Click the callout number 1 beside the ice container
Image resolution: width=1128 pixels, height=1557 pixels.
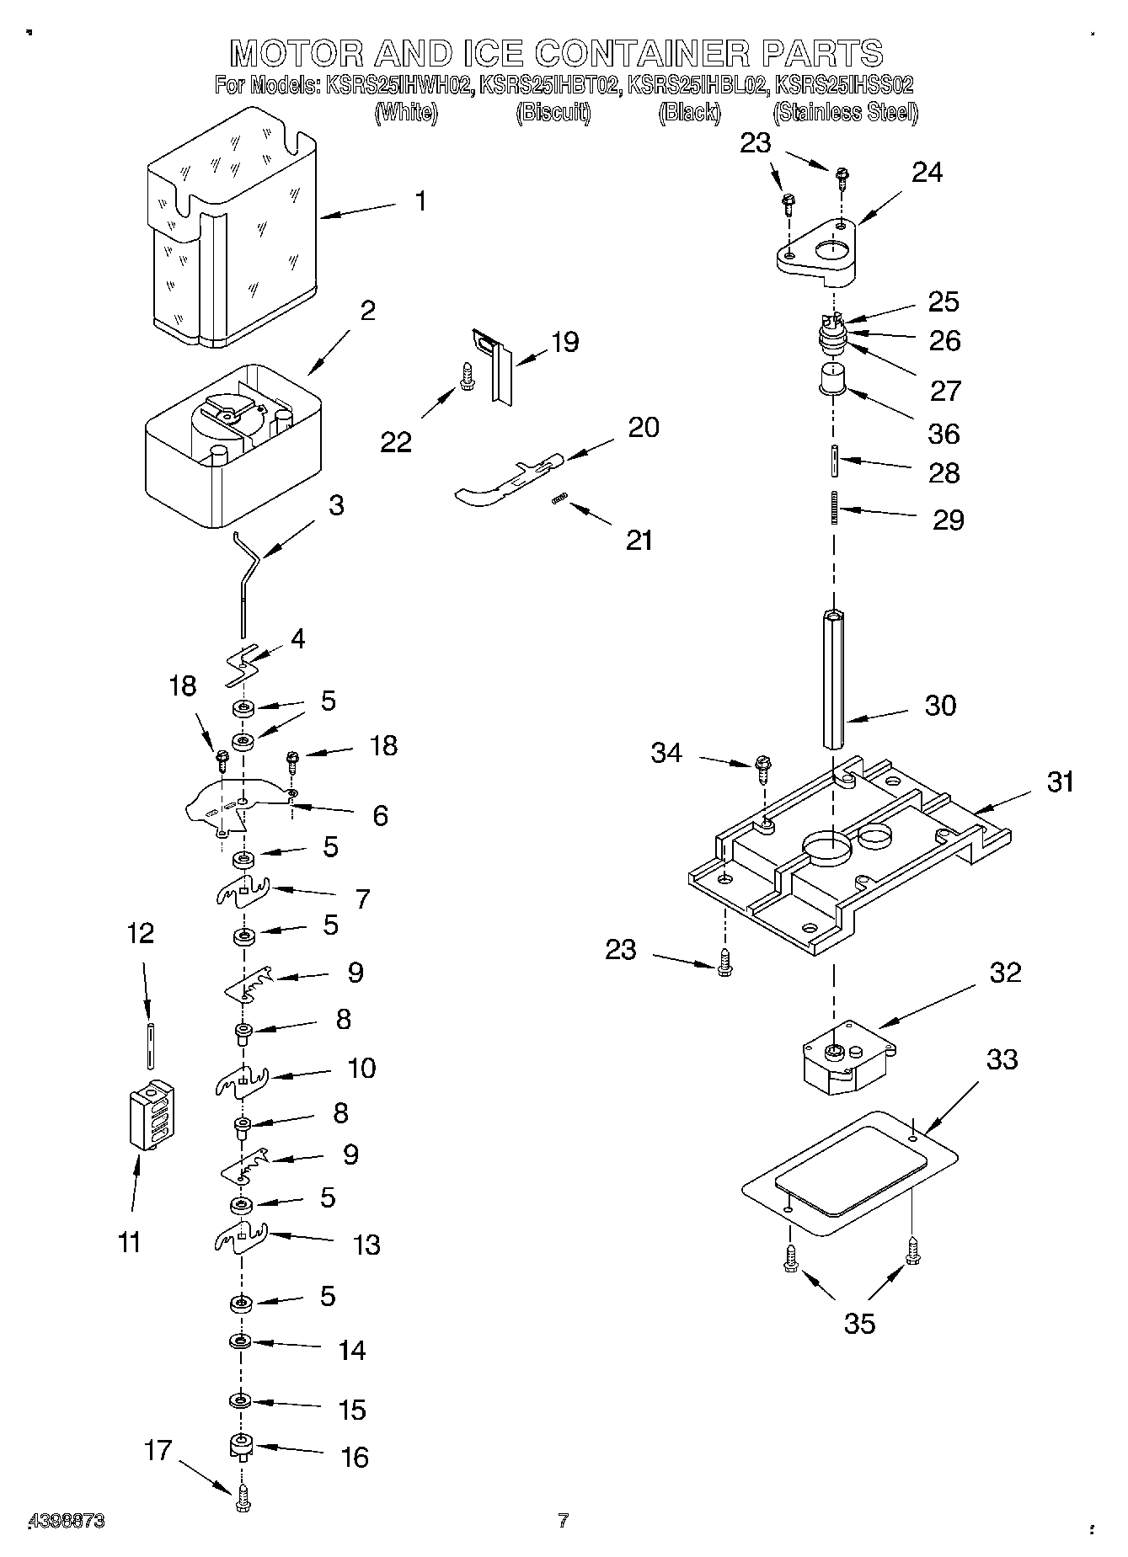pos(420,201)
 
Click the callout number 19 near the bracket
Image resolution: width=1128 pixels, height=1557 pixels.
pos(564,342)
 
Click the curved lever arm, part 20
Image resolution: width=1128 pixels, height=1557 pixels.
pos(505,480)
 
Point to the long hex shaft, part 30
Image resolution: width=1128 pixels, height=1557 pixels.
pos(834,682)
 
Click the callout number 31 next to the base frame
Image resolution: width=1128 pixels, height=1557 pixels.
pos(1060,781)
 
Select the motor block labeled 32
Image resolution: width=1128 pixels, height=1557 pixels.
pos(847,1057)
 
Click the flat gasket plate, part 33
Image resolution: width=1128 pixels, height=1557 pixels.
pos(851,1175)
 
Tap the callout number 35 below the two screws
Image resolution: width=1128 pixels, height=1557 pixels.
pos(859,1323)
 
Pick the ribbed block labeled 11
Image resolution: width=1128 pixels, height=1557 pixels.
pos(152,1115)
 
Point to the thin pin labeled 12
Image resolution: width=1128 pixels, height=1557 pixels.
pos(150,1043)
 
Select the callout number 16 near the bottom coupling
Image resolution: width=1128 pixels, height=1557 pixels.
pos(355,1457)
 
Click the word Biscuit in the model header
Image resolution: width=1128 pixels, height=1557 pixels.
pos(553,112)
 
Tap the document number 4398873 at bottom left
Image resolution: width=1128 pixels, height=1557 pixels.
pos(67,1521)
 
